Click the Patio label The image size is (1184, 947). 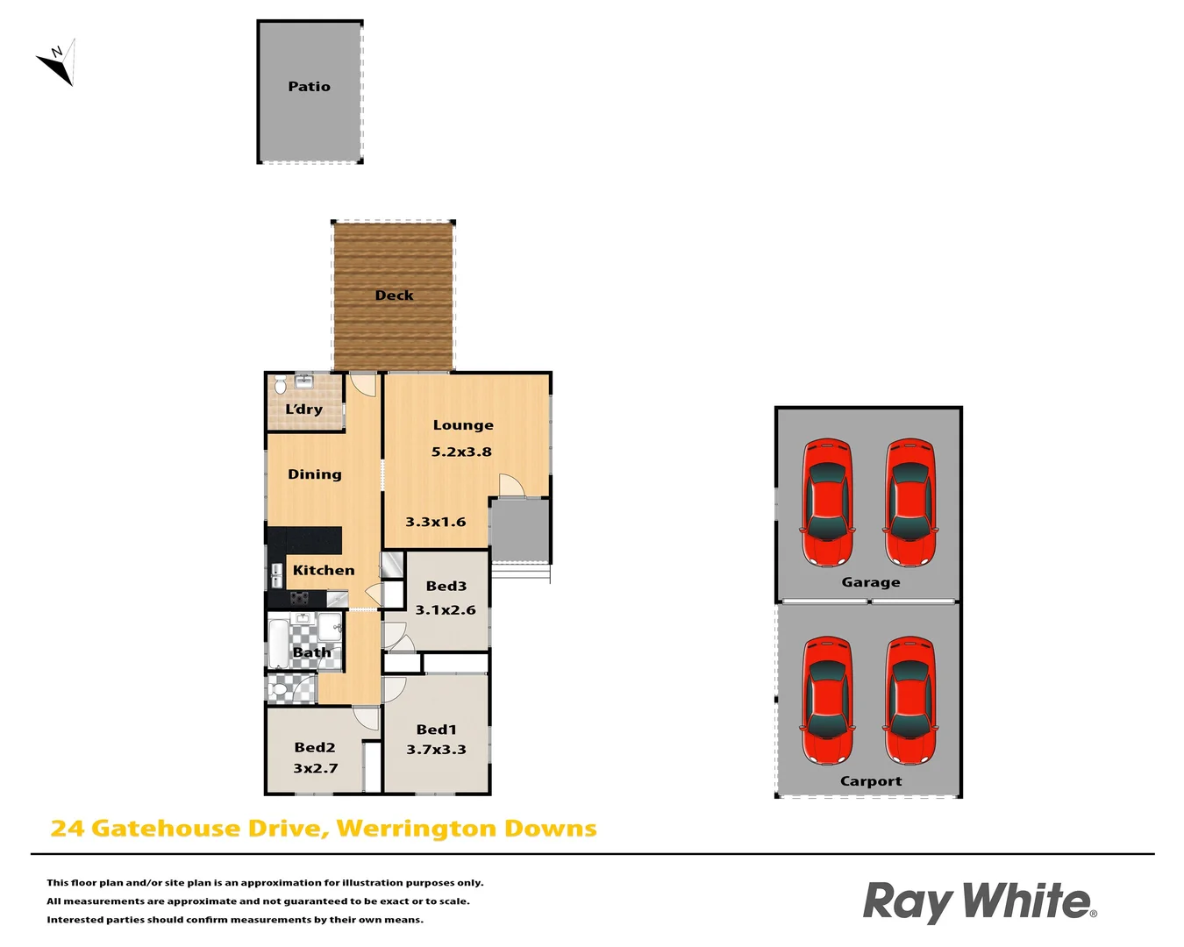[309, 87]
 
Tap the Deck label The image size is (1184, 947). [394, 295]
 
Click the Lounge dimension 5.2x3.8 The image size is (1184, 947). [461, 452]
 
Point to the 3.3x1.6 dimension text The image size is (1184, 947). [435, 522]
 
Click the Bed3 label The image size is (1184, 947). [446, 586]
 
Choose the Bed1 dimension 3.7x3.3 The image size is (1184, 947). [436, 750]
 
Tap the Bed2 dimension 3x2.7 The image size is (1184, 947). [315, 768]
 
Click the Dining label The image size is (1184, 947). [314, 474]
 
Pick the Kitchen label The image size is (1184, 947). [324, 570]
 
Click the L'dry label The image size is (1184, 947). [303, 409]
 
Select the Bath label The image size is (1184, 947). [311, 652]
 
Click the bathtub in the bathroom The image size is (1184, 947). [277, 644]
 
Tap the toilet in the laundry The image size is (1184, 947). [280, 385]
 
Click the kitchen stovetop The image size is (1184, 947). [300, 598]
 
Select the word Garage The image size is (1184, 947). [870, 582]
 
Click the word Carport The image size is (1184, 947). [870, 781]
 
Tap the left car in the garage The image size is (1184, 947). [826, 502]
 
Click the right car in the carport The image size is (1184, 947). [909, 700]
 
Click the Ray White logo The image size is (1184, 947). [979, 902]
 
